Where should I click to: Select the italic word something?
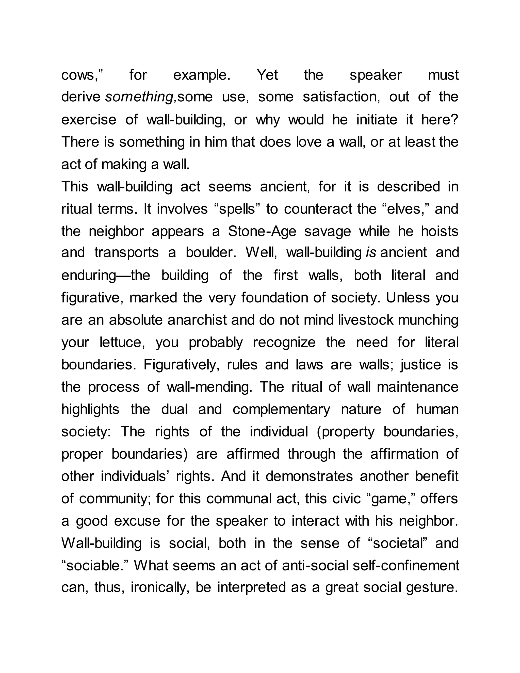(x=140, y=97)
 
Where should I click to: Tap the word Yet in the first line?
(x=267, y=75)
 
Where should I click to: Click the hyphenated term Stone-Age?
(x=262, y=231)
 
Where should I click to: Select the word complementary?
(x=281, y=410)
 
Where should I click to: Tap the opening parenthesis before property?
(x=319, y=432)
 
